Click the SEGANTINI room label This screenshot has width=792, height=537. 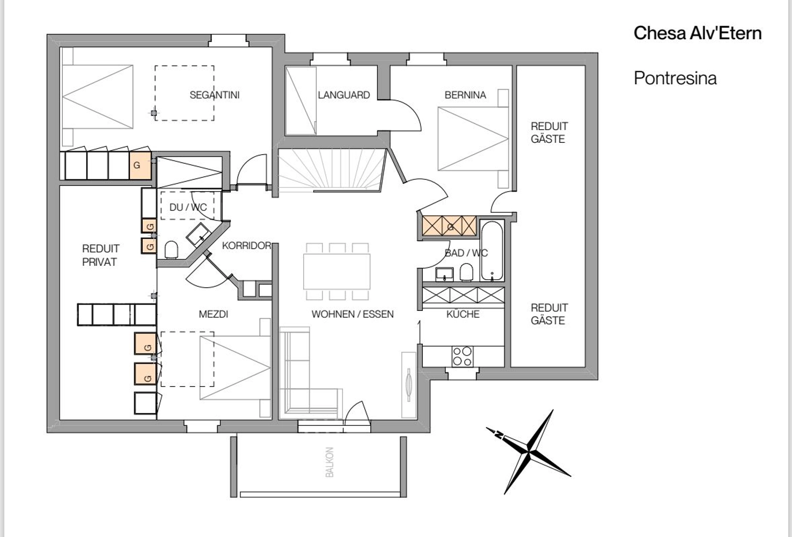coord(214,95)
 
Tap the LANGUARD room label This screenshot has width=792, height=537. coord(343,95)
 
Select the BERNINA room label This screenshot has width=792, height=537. coord(465,95)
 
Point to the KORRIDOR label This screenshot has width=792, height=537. coord(246,245)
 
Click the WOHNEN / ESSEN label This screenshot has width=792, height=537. coord(353,314)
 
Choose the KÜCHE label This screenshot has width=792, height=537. coord(463,314)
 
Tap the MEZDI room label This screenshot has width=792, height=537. coord(213,314)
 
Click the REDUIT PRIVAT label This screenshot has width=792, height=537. coord(100,255)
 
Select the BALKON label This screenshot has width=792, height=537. coord(329,462)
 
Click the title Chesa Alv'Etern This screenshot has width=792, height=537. coord(697,33)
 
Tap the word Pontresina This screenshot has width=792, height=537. coord(675,78)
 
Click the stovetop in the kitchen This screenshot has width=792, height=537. coord(463,356)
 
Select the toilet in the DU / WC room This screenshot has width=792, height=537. coord(171,250)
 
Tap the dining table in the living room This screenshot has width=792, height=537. coord(336,271)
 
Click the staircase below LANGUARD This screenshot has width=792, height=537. coord(332,171)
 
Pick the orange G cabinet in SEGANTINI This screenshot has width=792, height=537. coord(141,165)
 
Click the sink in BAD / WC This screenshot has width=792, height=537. coord(444,274)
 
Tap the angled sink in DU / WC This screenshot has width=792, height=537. coord(199,235)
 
